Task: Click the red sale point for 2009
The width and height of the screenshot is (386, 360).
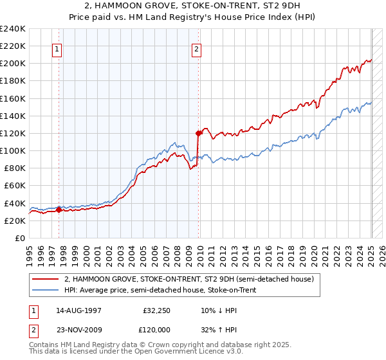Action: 198,133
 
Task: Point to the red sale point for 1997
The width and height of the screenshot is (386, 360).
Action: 59,210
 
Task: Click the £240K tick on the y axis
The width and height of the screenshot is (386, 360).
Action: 13,28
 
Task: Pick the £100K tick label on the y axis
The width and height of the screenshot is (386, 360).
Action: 13,150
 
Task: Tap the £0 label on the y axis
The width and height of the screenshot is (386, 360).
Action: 20,238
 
